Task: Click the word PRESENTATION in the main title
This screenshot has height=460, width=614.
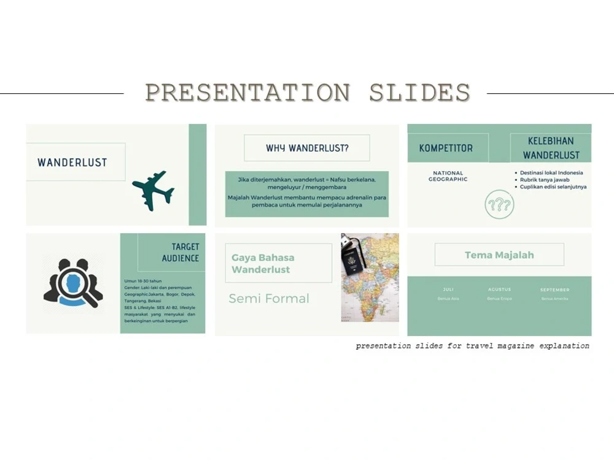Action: [x=247, y=93]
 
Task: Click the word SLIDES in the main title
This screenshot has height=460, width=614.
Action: [x=419, y=93]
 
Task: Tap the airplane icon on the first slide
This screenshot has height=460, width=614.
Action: [x=153, y=190]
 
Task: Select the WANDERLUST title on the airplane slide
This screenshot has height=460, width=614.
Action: [x=72, y=163]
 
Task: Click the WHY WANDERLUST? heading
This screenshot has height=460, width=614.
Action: [x=307, y=148]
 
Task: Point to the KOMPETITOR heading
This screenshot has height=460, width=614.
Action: [x=446, y=148]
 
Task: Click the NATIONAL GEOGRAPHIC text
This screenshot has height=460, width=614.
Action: [x=448, y=176]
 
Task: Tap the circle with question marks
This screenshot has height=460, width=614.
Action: [x=499, y=204]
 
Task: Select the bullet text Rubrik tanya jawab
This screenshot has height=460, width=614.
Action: [x=545, y=180]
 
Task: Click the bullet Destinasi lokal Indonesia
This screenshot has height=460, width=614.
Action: [x=551, y=173]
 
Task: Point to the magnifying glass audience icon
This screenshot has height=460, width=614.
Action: [x=73, y=283]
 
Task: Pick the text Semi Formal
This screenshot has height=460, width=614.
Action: [x=269, y=299]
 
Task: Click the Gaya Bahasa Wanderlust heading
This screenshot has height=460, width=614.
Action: [x=263, y=264]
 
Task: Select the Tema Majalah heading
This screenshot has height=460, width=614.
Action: [x=499, y=255]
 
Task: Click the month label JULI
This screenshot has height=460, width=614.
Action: [x=448, y=289]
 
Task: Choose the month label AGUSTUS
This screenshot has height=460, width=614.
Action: [x=499, y=289]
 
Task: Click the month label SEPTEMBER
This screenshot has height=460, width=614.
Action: [x=554, y=289]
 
